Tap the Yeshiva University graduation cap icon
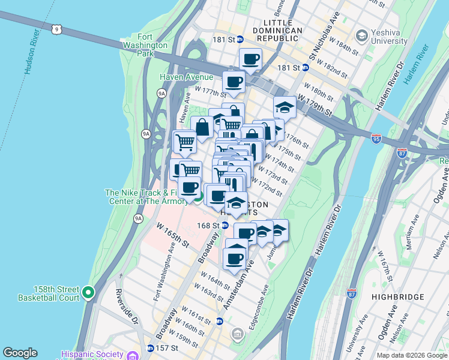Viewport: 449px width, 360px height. pyautogui.click(x=361, y=36)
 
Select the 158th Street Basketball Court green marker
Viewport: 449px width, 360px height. pyautogui.click(x=88, y=293)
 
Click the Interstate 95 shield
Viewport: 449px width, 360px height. pyautogui.click(x=376, y=138)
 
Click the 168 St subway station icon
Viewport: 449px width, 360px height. pyautogui.click(x=225, y=226)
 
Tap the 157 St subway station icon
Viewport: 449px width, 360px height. pyautogui.click(x=150, y=348)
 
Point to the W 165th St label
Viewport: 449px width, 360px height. pyautogui.click(x=173, y=236)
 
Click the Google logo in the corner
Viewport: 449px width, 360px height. pyautogui.click(x=20, y=353)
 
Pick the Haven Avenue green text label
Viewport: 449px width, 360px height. pyautogui.click(x=186, y=77)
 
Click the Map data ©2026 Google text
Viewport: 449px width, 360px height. pyautogui.click(x=412, y=355)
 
